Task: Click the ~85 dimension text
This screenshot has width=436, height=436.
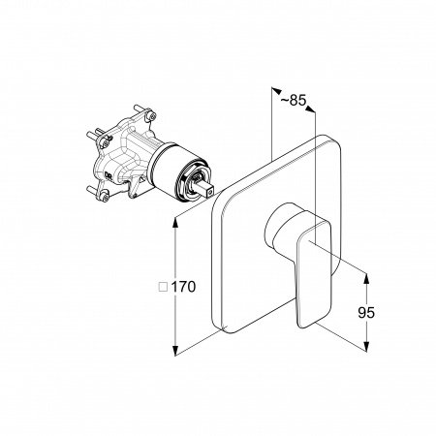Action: click(x=293, y=100)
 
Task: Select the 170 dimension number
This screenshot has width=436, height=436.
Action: click(x=183, y=287)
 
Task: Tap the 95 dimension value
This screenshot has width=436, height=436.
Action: click(x=366, y=312)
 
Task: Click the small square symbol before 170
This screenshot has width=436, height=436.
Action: click(x=164, y=287)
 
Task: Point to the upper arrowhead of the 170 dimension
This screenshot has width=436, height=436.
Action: click(x=175, y=223)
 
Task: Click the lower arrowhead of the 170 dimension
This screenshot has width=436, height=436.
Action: click(x=175, y=351)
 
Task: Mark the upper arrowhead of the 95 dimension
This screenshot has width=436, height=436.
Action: click(x=366, y=278)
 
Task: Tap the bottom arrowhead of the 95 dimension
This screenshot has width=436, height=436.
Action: click(x=366, y=346)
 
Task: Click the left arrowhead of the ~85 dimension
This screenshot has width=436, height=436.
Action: click(x=276, y=90)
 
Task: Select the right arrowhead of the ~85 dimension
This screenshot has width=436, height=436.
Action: click(x=310, y=109)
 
